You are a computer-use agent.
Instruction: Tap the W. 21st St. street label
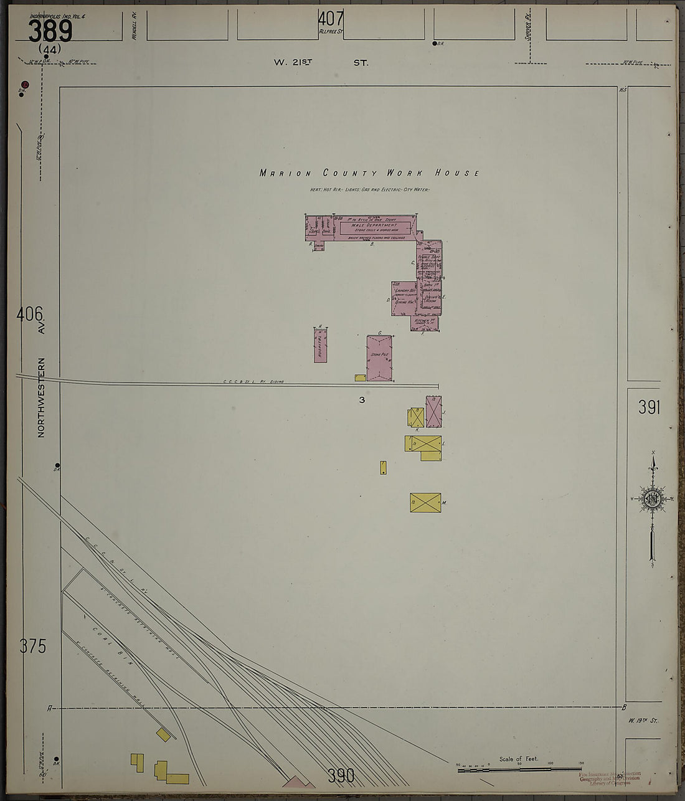pos(321,63)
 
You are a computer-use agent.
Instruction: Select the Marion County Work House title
pos(369,173)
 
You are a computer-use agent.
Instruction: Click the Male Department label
pos(374,225)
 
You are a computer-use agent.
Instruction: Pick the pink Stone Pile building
pos(379,358)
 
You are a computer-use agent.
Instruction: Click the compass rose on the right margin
pos(653,498)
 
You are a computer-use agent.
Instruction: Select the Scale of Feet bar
pos(519,770)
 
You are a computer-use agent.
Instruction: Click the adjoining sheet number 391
pos(649,407)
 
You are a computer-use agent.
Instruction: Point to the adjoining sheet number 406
pos(31,314)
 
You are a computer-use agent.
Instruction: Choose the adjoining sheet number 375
pos(32,647)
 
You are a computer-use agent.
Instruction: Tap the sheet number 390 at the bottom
pos(341,775)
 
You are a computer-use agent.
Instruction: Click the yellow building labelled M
pos(425,503)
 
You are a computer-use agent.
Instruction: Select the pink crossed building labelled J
pos(433,411)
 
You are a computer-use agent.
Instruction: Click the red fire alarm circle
pos(25,84)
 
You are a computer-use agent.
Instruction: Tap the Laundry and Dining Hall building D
pos(404,298)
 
